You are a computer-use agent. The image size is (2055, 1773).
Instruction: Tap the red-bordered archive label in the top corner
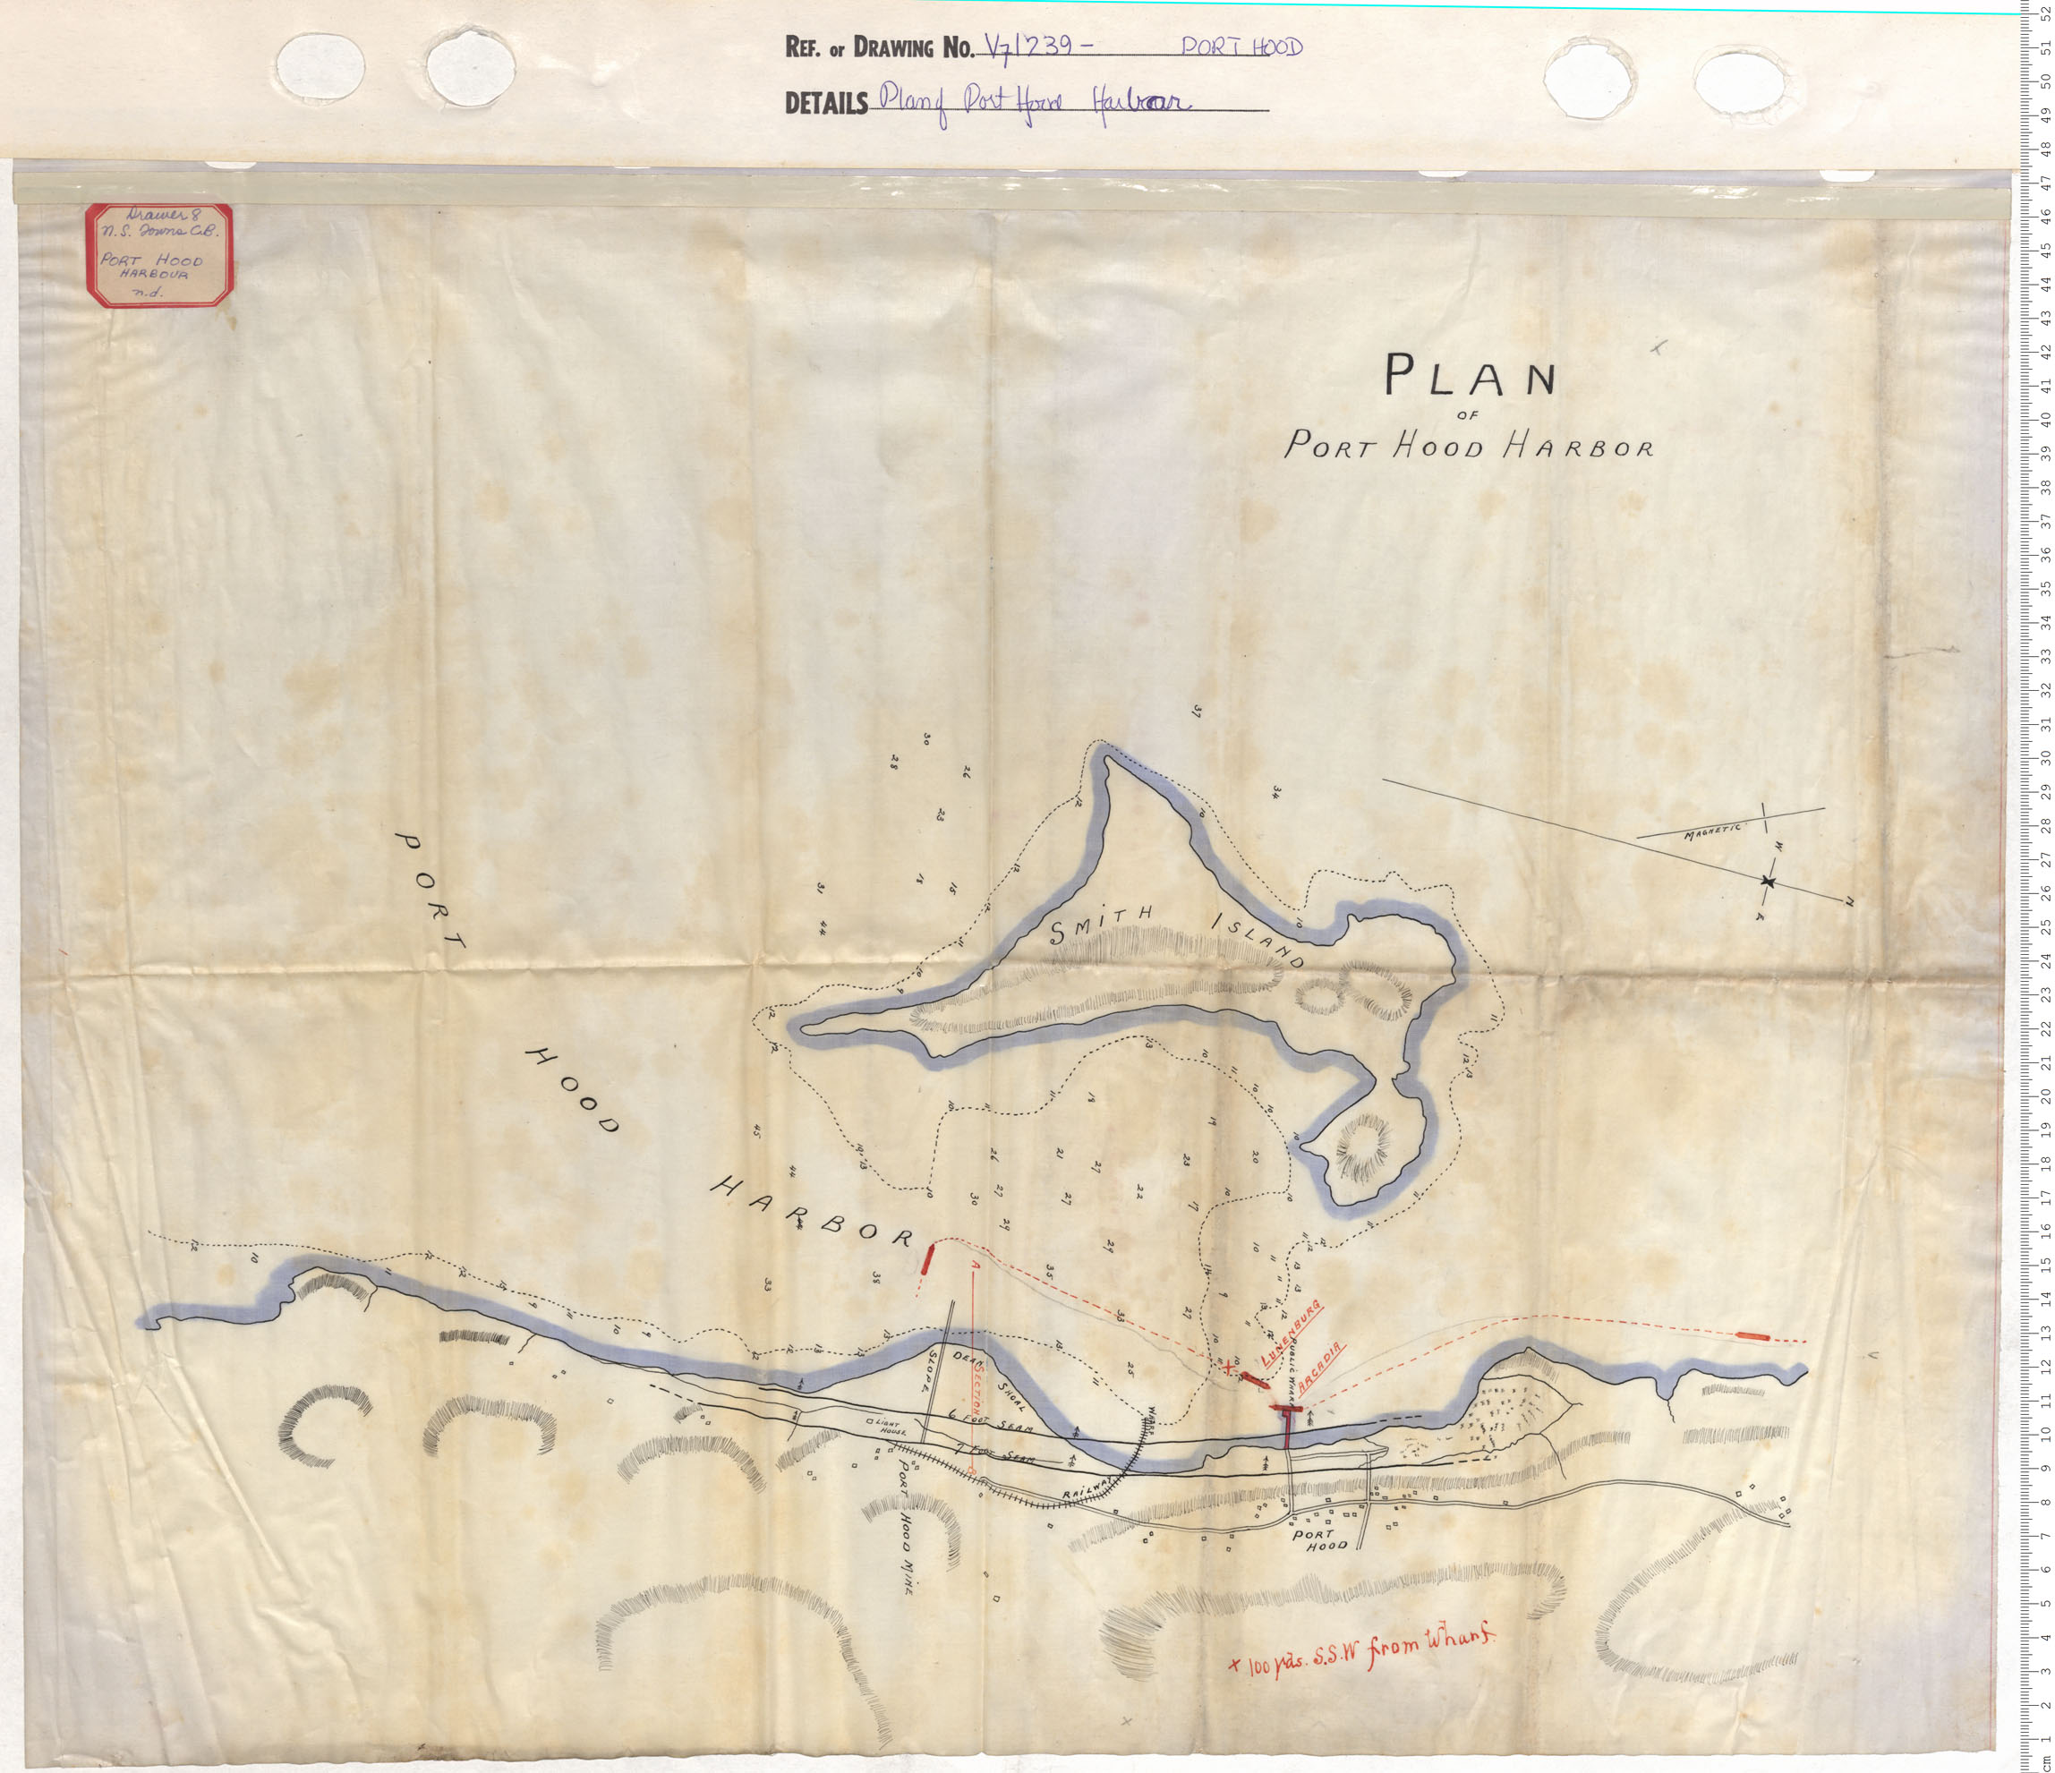pos(158,255)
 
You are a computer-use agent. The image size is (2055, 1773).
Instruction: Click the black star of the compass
pos(1768,881)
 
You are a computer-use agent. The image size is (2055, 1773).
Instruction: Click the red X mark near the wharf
pos(1229,1367)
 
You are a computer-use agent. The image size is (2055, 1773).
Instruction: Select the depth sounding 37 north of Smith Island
pos(1197,711)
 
